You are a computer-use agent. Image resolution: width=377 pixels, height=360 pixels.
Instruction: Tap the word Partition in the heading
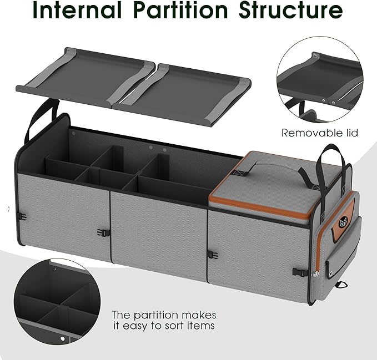[180, 10]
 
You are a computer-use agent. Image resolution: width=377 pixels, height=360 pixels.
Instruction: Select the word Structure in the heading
[291, 10]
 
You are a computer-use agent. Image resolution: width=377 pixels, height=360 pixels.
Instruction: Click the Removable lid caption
[320, 133]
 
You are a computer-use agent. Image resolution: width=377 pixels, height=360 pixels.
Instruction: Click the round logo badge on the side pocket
[342, 222]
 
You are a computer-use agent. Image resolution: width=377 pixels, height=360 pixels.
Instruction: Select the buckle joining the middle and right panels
[213, 255]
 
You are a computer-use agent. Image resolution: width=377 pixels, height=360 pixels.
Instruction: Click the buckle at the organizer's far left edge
[22, 217]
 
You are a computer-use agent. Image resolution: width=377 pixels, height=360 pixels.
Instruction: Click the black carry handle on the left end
[41, 119]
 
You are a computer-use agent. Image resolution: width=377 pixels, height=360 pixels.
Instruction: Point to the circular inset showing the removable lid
[320, 79]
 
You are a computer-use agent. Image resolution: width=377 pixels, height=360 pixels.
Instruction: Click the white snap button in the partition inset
[63, 338]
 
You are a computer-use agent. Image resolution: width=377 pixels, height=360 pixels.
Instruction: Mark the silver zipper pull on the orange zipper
[316, 274]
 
